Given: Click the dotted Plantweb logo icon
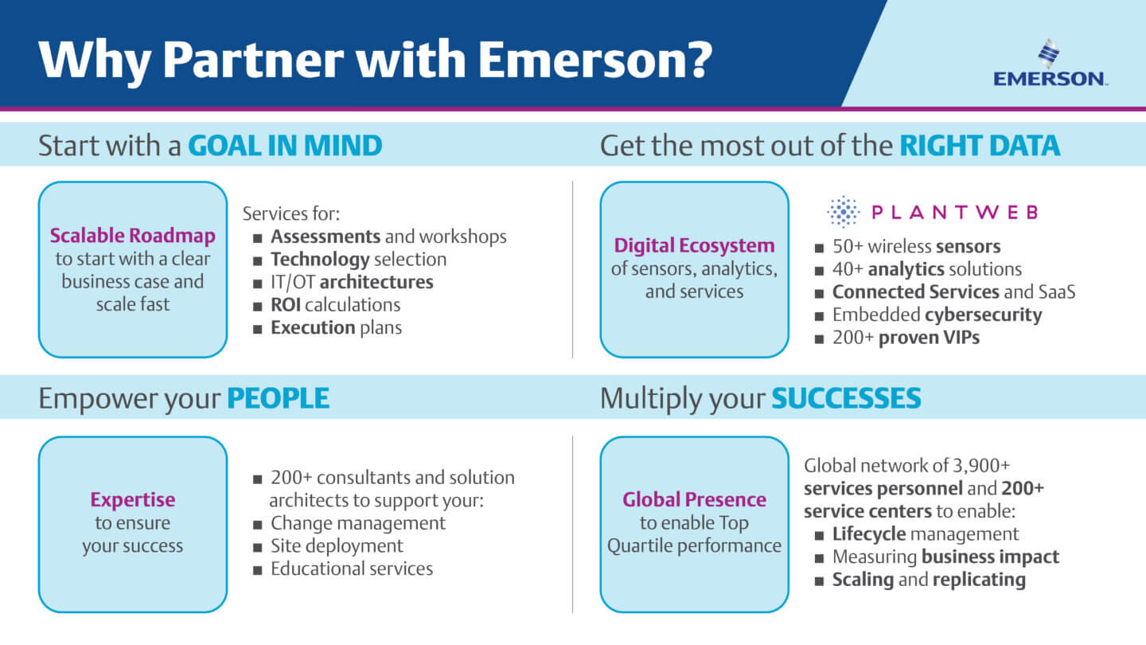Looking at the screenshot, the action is pos(843,212).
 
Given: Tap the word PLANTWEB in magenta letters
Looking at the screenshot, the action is pos(955,212).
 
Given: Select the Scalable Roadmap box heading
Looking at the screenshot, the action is pos(132,236).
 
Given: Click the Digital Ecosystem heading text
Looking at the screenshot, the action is pos(694,246).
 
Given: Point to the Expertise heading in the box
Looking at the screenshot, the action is pos(132,499).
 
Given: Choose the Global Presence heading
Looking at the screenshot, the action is pos(694,499).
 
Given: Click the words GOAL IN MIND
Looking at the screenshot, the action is pos(286,146).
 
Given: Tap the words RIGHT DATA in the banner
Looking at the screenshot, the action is pos(980,146).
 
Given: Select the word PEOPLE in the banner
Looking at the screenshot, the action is pos(279,398).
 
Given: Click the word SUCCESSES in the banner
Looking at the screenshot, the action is pos(846,398).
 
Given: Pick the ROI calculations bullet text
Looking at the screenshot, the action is pos(336,305).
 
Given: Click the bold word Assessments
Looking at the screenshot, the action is pos(325,236).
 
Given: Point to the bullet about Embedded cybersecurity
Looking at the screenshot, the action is pos(937,315).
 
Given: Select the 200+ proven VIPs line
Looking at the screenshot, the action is pos(906,338).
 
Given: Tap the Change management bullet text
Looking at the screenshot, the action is pos(358,523).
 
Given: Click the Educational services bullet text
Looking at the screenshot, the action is pos(352,569).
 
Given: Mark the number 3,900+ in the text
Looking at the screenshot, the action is pos(980,466).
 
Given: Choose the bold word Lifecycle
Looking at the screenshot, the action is pos(869,534).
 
